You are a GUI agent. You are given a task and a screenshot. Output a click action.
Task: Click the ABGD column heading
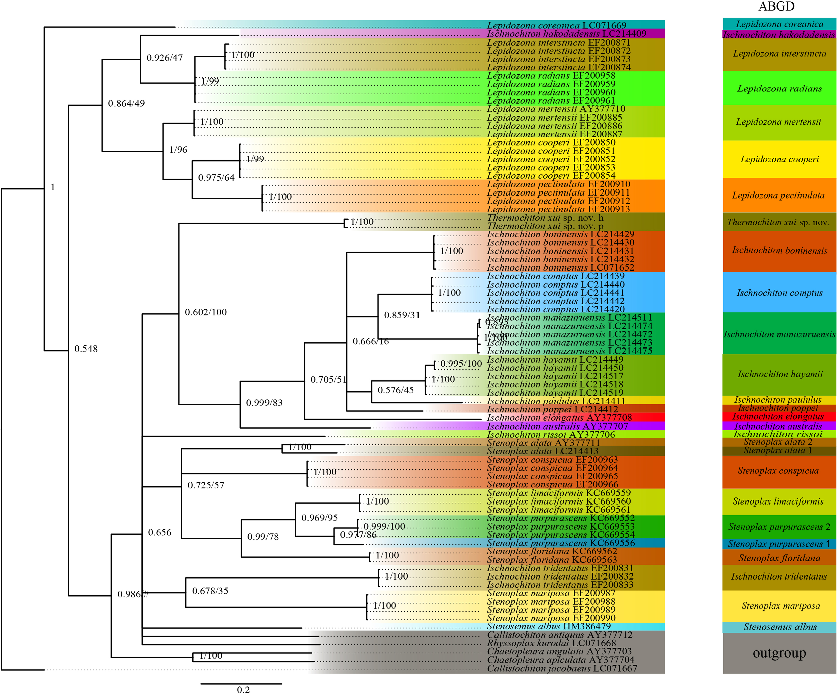(x=776, y=7)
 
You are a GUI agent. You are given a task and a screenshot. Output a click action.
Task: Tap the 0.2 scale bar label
(x=243, y=689)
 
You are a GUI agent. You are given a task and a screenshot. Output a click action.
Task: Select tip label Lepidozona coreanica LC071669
(x=556, y=25)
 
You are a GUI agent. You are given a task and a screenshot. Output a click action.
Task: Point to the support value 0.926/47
(x=165, y=58)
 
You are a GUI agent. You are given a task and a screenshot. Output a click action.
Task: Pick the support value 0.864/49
(x=126, y=103)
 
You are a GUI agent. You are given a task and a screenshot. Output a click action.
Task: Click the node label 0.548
(x=86, y=349)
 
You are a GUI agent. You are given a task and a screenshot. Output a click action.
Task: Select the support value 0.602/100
(x=206, y=312)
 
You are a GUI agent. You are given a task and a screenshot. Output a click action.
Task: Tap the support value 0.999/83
(x=264, y=403)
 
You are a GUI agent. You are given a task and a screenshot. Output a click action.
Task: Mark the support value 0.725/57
(x=206, y=485)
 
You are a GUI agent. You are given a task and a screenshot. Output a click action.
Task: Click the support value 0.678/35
(x=210, y=591)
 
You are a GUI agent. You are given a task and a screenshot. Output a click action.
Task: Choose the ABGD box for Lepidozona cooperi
(x=779, y=159)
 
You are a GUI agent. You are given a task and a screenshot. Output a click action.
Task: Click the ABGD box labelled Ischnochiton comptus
(x=779, y=293)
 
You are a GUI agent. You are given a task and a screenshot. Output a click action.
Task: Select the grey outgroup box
(x=779, y=653)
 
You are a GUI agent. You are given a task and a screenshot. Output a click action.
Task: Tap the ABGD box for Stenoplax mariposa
(x=779, y=606)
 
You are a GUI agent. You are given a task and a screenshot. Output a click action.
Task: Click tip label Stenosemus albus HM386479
(x=548, y=626)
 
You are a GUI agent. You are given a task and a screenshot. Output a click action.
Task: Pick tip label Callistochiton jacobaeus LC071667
(x=562, y=668)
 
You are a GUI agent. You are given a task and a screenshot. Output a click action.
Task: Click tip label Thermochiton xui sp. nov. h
(x=545, y=218)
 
